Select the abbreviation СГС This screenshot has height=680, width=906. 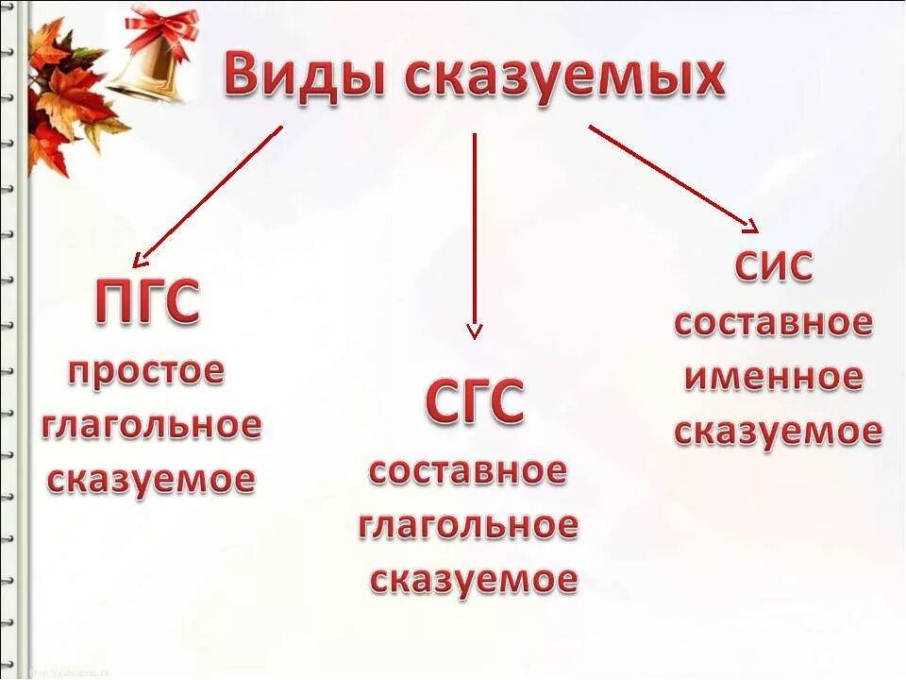click(x=474, y=403)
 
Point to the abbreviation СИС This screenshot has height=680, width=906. click(x=773, y=268)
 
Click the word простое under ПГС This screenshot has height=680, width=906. click(x=146, y=371)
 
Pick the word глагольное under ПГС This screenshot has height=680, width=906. click(x=151, y=426)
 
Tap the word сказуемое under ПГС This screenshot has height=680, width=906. click(x=151, y=479)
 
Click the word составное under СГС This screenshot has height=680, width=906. click(x=468, y=470)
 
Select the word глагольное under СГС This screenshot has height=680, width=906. click(x=468, y=525)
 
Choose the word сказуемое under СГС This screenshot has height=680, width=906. click(x=473, y=579)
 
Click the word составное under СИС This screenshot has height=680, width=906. click(x=773, y=323)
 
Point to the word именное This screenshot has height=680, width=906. click(x=773, y=378)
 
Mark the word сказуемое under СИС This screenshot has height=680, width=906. click(x=778, y=432)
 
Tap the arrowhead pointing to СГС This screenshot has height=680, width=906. click(x=475, y=331)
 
